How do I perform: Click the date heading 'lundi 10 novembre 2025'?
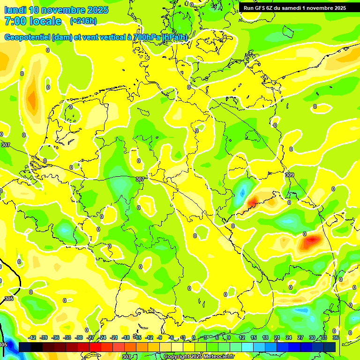[x=56, y=10]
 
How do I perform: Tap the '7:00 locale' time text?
[x=32, y=21]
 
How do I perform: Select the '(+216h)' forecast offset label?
[x=83, y=21]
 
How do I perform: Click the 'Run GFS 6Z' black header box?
[x=294, y=7]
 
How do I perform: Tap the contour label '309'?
[x=290, y=174]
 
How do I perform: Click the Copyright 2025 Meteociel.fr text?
[x=199, y=357]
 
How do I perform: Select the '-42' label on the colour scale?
[x=32, y=337]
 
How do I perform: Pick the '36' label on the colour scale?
[x=335, y=337]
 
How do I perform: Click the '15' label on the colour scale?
[x=254, y=337]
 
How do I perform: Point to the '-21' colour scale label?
[x=114, y=337]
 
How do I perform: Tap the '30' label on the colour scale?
[x=312, y=337]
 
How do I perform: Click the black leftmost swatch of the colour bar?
[x=24, y=347]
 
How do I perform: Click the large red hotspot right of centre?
[x=311, y=241]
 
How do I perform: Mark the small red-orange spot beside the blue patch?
[x=253, y=202]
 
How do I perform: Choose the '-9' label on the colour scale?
[x=160, y=337]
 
